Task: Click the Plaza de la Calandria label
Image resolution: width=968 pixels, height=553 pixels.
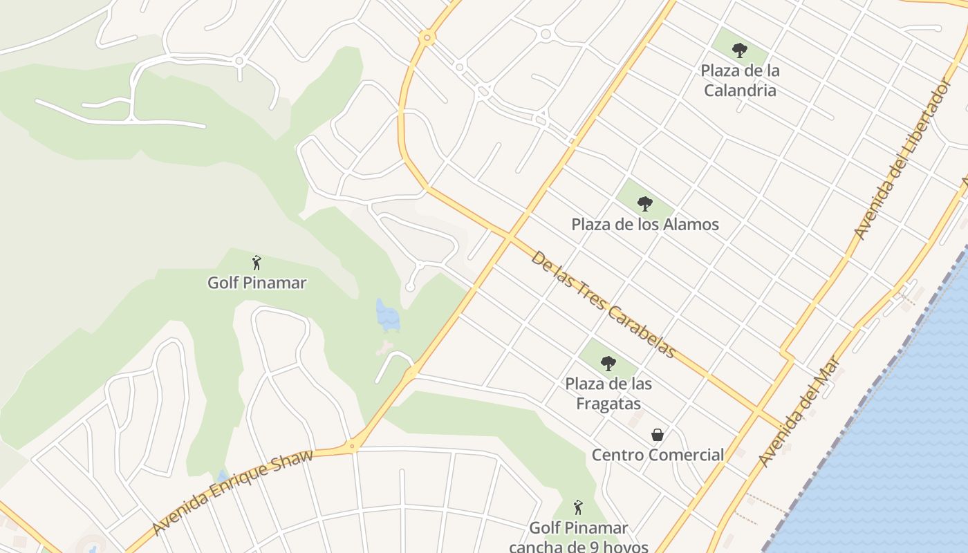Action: pyautogui.click(x=740, y=80)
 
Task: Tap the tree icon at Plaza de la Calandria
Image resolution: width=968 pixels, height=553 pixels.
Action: pyautogui.click(x=739, y=50)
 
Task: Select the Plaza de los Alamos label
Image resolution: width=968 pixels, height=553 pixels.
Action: pyautogui.click(x=644, y=224)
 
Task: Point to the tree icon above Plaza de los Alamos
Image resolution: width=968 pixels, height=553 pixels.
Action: pyautogui.click(x=644, y=203)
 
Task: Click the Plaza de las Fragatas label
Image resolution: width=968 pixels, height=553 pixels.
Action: pyautogui.click(x=608, y=393)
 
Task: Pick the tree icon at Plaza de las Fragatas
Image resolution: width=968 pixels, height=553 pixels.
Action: pyautogui.click(x=608, y=363)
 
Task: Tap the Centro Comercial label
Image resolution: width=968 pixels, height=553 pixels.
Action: pyautogui.click(x=658, y=455)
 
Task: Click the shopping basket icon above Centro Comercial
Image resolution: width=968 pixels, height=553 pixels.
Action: pyautogui.click(x=657, y=435)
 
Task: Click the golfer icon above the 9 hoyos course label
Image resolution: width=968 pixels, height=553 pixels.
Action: pyautogui.click(x=578, y=508)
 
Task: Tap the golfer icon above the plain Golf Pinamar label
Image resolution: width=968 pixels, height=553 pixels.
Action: pyautogui.click(x=257, y=263)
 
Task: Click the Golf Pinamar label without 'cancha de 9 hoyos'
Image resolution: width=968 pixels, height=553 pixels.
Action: pyautogui.click(x=257, y=283)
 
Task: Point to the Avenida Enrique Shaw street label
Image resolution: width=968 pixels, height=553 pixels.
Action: pyautogui.click(x=233, y=491)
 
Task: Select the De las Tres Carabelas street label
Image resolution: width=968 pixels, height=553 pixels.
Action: pyautogui.click(x=602, y=304)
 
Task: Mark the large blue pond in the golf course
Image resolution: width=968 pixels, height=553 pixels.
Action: pyautogui.click(x=387, y=316)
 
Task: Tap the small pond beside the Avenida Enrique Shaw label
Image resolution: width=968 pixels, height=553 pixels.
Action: pyautogui.click(x=221, y=476)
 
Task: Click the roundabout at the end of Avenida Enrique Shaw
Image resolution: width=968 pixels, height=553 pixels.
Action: pyautogui.click(x=352, y=447)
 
